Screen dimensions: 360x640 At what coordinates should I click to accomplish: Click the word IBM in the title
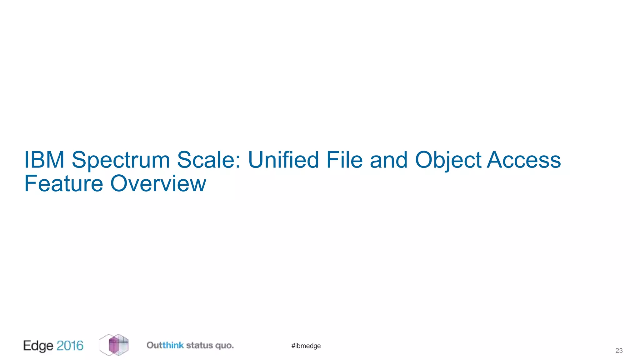pos(44,160)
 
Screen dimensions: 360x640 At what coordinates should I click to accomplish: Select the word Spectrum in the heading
pos(121,160)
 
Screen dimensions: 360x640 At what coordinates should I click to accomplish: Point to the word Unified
pos(283,160)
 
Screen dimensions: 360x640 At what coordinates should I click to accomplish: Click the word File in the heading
pos(344,160)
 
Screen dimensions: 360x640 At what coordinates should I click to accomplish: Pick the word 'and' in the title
pos(388,160)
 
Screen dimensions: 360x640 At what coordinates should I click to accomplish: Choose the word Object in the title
pos(448,160)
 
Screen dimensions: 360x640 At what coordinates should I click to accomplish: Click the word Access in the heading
pos(524,160)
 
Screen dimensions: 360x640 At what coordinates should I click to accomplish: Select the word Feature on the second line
pos(63,183)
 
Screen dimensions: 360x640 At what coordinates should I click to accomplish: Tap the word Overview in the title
pos(158,183)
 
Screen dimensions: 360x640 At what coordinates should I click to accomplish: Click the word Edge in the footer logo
pos(38,346)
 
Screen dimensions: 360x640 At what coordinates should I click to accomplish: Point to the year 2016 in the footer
pos(70,345)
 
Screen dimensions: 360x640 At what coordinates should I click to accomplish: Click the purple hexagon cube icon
pos(114,345)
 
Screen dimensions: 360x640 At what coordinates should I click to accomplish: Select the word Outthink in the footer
pos(165,345)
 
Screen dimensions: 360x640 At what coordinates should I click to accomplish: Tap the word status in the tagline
pos(199,345)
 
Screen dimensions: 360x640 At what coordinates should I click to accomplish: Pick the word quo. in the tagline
pos(224,346)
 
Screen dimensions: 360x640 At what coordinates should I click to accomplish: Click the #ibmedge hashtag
pos(306,346)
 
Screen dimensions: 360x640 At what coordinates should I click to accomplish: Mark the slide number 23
pos(619,351)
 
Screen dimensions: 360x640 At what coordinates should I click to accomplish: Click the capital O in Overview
pos(119,183)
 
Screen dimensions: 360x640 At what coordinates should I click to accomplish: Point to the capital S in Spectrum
pos(79,160)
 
